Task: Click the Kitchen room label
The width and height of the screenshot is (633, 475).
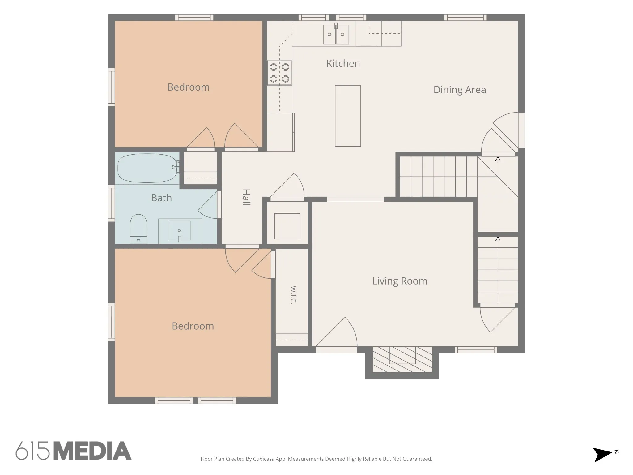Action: (343, 63)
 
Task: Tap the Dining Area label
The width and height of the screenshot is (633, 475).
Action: (460, 90)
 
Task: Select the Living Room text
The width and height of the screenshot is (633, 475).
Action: (400, 281)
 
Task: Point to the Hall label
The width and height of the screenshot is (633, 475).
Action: (246, 197)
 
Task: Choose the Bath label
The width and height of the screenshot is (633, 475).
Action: (161, 198)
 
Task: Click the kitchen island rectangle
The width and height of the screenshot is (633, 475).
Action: (348, 116)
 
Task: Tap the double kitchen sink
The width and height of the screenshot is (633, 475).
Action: (336, 34)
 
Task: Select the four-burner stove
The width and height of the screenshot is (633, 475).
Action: (279, 73)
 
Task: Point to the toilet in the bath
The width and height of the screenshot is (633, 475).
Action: (138, 229)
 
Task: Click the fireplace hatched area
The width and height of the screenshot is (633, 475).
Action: (402, 359)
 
